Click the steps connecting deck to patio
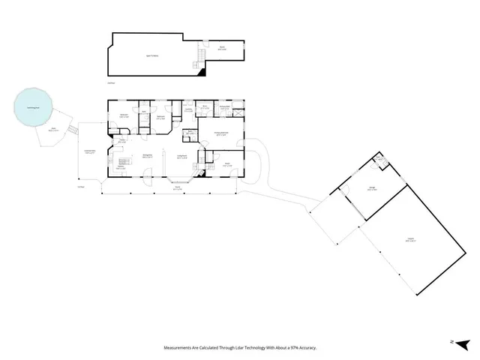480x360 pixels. click(x=73, y=130)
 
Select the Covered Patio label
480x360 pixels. click(x=89, y=153)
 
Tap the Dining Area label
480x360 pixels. click(x=148, y=156)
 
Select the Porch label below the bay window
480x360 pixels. click(x=178, y=189)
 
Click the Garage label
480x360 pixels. click(x=371, y=189)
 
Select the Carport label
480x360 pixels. click(x=410, y=241)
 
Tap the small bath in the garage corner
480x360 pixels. click(x=380, y=160)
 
